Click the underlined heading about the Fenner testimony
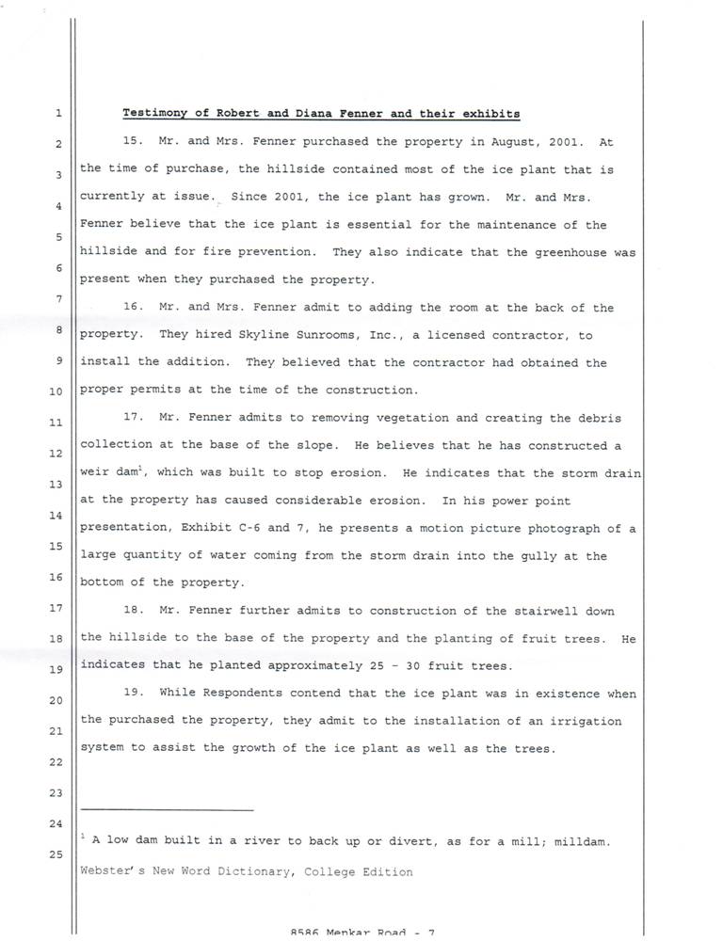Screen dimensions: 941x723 (x=321, y=114)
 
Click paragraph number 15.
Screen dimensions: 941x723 (x=133, y=142)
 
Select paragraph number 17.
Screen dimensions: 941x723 (x=133, y=418)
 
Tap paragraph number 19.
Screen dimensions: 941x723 (x=133, y=694)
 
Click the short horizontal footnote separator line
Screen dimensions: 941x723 (x=168, y=809)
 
